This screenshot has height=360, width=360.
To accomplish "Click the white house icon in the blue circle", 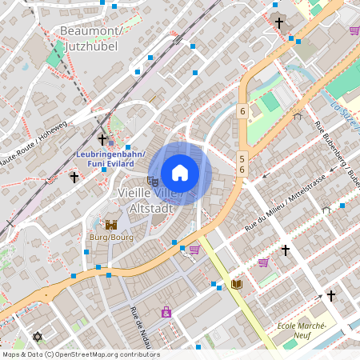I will [180, 172].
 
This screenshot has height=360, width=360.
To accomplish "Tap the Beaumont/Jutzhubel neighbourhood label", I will [89, 38].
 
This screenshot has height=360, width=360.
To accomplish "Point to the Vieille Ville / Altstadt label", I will [150, 199].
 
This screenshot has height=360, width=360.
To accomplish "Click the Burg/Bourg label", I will [111, 238].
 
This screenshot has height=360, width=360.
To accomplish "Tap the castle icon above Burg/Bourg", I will [111, 226].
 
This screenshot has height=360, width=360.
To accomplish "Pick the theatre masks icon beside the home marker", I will [153, 181].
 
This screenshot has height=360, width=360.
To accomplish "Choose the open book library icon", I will [237, 284].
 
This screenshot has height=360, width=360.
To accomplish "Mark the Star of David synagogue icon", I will [37, 337].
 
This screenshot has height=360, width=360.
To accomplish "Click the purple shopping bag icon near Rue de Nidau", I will [166, 311].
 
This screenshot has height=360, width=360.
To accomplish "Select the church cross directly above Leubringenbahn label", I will [102, 139].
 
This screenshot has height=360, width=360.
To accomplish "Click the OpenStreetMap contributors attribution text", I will [80, 354].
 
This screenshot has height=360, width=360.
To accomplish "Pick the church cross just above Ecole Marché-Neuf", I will [331, 296].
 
